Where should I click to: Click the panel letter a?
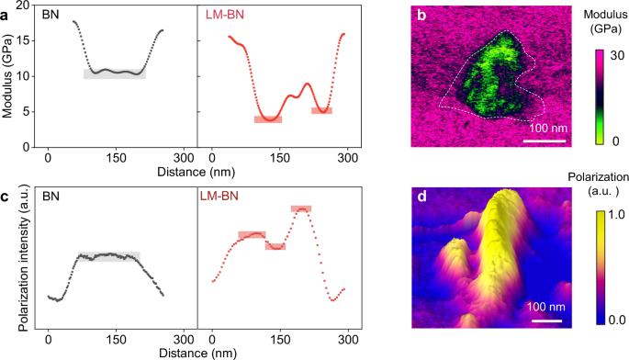tap(6, 12)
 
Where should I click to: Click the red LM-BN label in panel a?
tap(224, 16)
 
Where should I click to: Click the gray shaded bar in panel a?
tap(114, 73)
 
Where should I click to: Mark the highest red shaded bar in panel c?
tap(301, 209)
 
